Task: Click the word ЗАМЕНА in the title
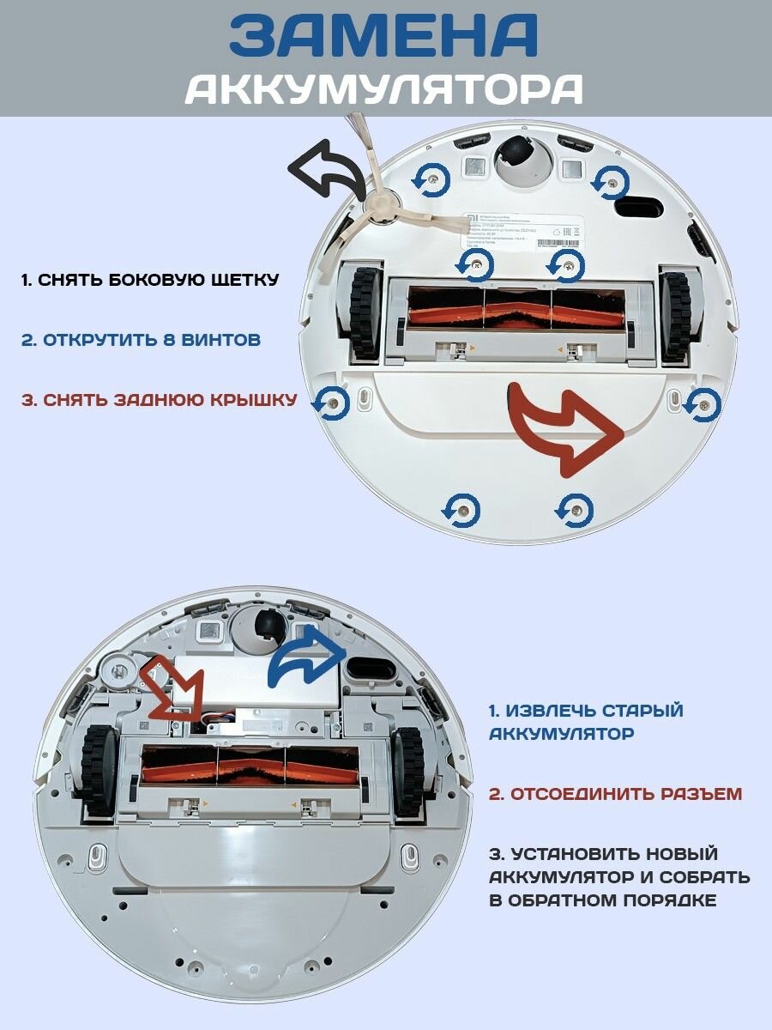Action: coord(383,35)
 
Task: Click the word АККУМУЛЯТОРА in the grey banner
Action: coord(384,88)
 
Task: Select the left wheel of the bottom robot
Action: coord(98,770)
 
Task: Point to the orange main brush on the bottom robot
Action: coord(249,766)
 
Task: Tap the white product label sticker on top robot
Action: coord(523,232)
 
